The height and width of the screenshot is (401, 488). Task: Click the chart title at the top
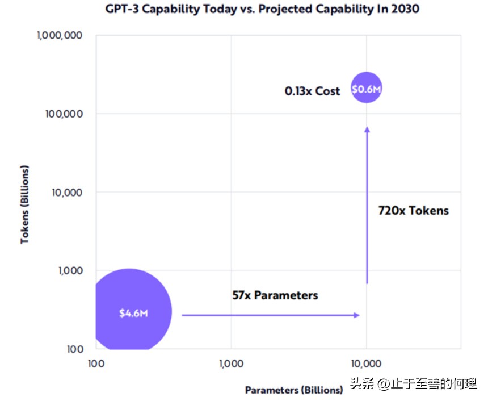[262, 9]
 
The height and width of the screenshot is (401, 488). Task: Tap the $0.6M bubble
[367, 89]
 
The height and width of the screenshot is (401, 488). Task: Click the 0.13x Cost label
[312, 91]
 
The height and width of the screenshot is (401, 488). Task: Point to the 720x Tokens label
[413, 211]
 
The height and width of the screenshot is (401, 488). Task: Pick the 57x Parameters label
[275, 295]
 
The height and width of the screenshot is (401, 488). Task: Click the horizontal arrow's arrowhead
[357, 315]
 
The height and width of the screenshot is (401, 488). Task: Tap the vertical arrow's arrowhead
[367, 130]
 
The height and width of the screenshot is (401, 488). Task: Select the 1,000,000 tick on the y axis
[60, 35]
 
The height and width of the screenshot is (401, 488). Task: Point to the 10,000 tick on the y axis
[66, 192]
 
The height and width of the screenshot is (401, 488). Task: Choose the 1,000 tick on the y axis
[70, 270]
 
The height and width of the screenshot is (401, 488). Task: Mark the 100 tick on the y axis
[74, 349]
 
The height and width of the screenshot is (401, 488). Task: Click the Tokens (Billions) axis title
[24, 205]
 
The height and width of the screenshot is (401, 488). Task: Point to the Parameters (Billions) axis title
[294, 390]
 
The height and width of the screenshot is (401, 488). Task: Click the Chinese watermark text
[413, 384]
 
